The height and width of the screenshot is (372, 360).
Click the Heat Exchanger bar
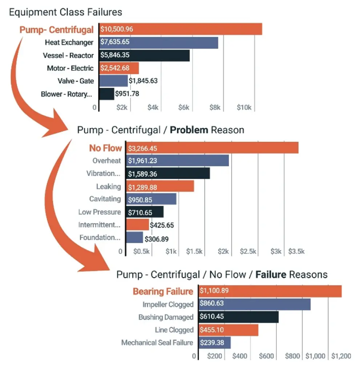[x=159, y=43]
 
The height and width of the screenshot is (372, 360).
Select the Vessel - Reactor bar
[x=145, y=56]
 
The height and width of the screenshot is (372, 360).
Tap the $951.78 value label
[x=127, y=94]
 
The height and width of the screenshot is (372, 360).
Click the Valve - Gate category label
[x=76, y=81]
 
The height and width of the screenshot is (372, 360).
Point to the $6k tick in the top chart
[x=184, y=108]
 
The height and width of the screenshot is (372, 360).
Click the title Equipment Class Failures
[x=65, y=12]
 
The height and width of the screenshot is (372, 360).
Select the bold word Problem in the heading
[x=189, y=130]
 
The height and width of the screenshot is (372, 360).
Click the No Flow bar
[x=213, y=148]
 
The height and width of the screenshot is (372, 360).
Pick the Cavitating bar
[x=151, y=199]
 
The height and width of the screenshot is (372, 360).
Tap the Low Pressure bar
[x=145, y=212]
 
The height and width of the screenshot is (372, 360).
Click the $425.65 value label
[x=162, y=225]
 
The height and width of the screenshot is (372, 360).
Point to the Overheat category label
[x=106, y=161]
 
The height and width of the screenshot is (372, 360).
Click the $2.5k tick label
[x=248, y=251]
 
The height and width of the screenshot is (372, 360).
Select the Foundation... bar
[x=134, y=238]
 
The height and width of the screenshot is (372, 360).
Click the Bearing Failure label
[x=163, y=291]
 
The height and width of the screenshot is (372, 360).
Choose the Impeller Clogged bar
[x=255, y=304]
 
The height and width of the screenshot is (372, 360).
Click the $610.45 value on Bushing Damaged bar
[x=212, y=316]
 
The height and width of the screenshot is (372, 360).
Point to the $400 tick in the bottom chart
[x=240, y=356]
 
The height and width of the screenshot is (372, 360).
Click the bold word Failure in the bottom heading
[x=271, y=275]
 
